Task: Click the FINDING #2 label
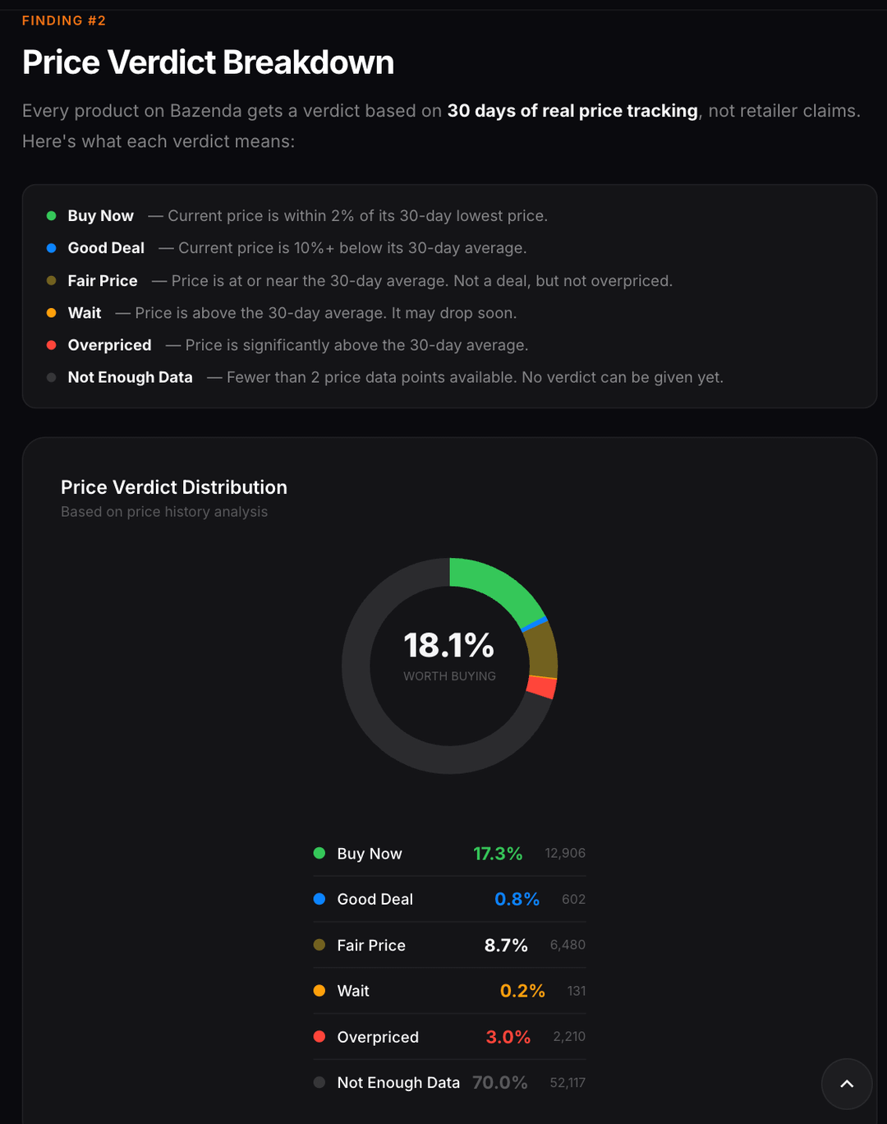(64, 21)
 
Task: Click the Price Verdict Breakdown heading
(208, 62)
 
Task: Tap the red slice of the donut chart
(541, 687)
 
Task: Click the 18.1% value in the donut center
(448, 646)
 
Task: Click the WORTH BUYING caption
(449, 676)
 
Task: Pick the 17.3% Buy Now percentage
(498, 854)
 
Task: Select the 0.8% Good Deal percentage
(517, 900)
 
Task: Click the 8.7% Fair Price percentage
(506, 946)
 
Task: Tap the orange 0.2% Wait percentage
(522, 991)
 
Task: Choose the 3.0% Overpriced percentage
(508, 1037)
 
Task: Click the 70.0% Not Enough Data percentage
(499, 1083)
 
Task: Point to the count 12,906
(565, 854)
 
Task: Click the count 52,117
(568, 1083)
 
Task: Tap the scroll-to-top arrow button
(847, 1084)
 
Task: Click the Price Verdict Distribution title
(174, 487)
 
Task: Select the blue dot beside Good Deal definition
(51, 248)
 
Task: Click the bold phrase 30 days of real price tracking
(572, 111)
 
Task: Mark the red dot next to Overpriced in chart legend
(319, 1037)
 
